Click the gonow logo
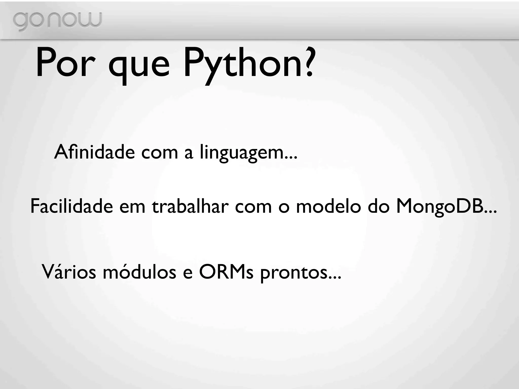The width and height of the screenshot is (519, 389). [x=57, y=21]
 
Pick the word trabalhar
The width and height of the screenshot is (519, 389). [x=190, y=206]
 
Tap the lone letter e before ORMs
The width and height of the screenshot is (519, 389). [x=188, y=274]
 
